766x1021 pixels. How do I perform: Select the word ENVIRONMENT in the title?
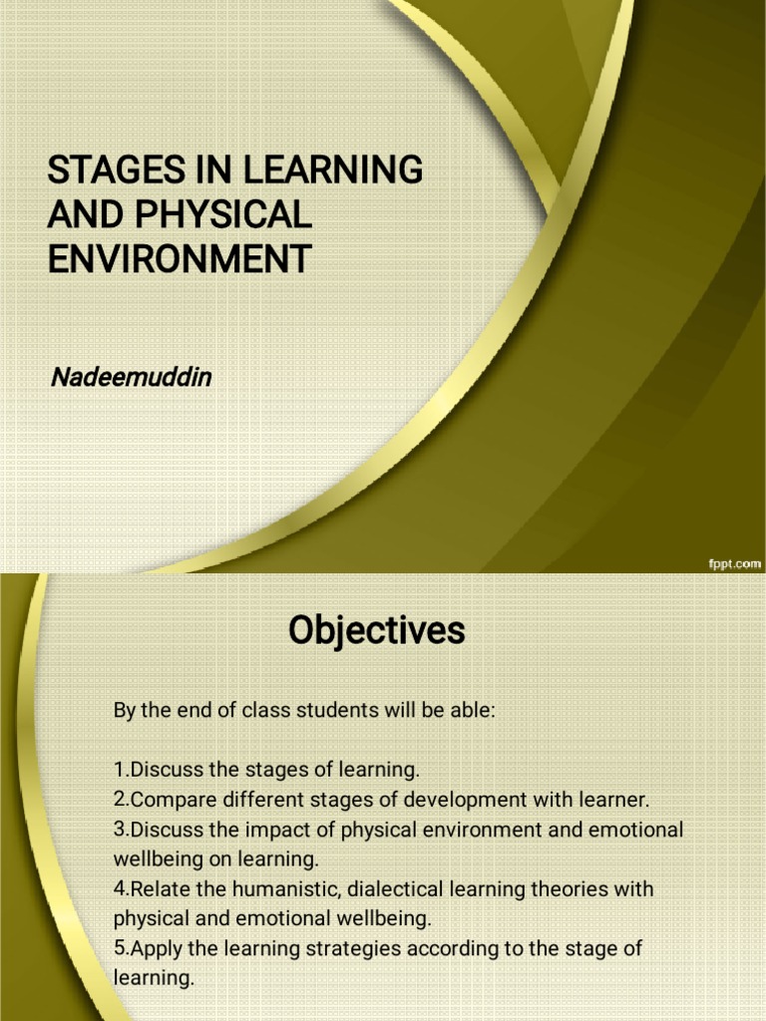click(x=180, y=258)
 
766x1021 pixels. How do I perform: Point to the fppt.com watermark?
click(x=734, y=563)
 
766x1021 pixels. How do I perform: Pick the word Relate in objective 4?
click(x=157, y=888)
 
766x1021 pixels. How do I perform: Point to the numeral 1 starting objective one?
click(x=119, y=771)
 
